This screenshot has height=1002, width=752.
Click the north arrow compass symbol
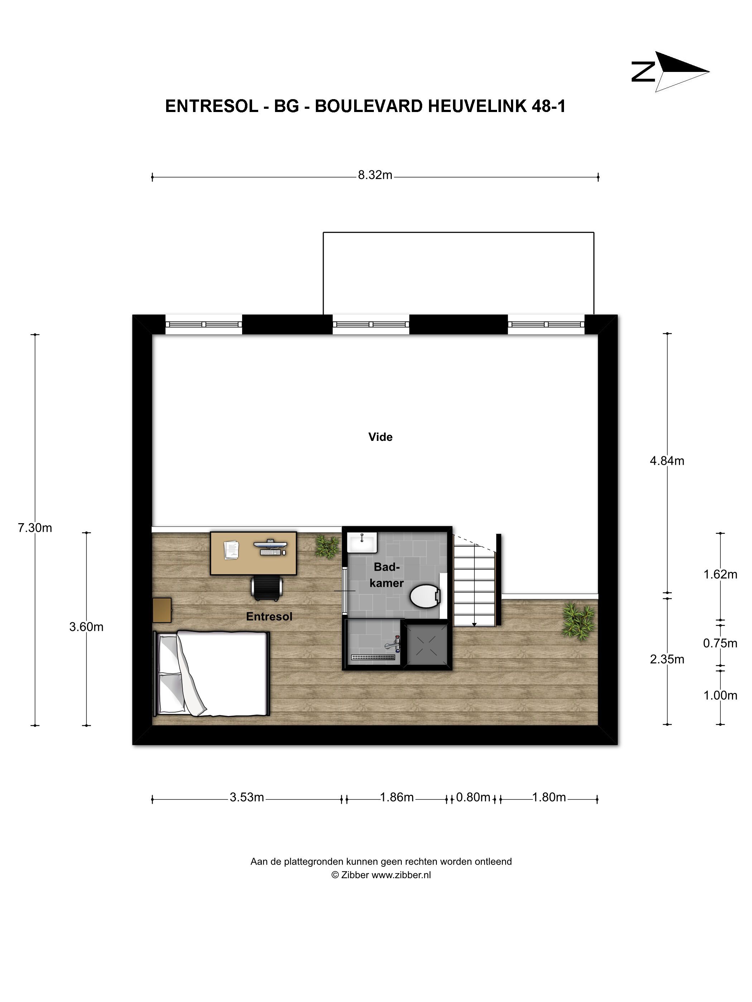click(x=670, y=72)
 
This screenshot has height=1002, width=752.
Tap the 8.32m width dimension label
click(x=375, y=175)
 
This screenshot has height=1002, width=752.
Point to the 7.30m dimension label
click(x=35, y=528)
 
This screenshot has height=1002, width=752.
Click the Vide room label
click(x=380, y=437)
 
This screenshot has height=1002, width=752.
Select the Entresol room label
click(x=269, y=617)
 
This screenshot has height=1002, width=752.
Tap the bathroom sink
click(x=362, y=542)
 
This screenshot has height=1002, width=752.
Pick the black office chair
click(x=267, y=588)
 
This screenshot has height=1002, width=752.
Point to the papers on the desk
click(x=231, y=549)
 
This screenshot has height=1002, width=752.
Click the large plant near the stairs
click(x=578, y=621)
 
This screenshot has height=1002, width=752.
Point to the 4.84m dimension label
click(x=667, y=461)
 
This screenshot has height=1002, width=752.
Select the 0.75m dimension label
click(x=720, y=643)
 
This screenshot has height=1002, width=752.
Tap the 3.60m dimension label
click(x=86, y=627)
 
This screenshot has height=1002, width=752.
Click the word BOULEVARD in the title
click(x=369, y=106)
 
